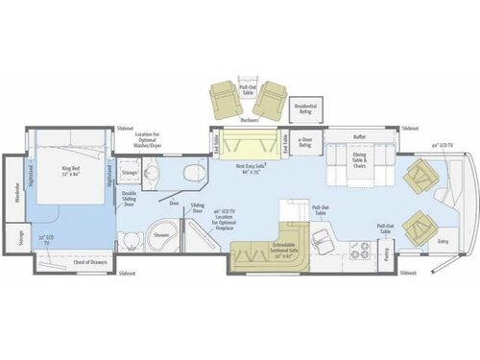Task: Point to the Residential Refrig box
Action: [x=305, y=108]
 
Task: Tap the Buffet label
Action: [x=360, y=137]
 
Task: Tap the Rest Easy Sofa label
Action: [x=253, y=168]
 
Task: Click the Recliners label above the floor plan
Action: [x=250, y=120]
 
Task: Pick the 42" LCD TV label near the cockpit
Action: [x=443, y=145]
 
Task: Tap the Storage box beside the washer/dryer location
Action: [x=130, y=173]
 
